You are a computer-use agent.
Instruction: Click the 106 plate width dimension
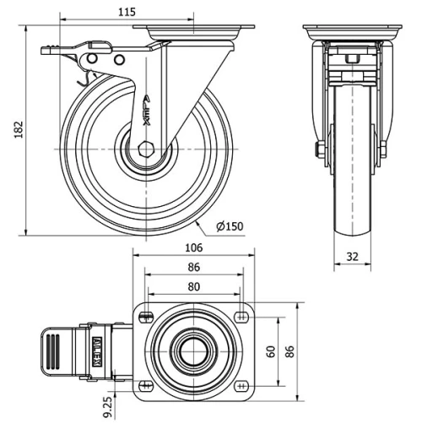(193, 247)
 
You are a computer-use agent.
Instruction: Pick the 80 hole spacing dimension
(193, 286)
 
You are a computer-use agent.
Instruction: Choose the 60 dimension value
(270, 350)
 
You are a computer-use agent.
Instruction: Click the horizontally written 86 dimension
(193, 267)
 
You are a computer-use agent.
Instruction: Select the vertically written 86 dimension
(291, 350)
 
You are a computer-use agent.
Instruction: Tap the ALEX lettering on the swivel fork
(146, 109)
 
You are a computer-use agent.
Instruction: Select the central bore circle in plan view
(194, 350)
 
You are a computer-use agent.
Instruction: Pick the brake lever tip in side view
(45, 52)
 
